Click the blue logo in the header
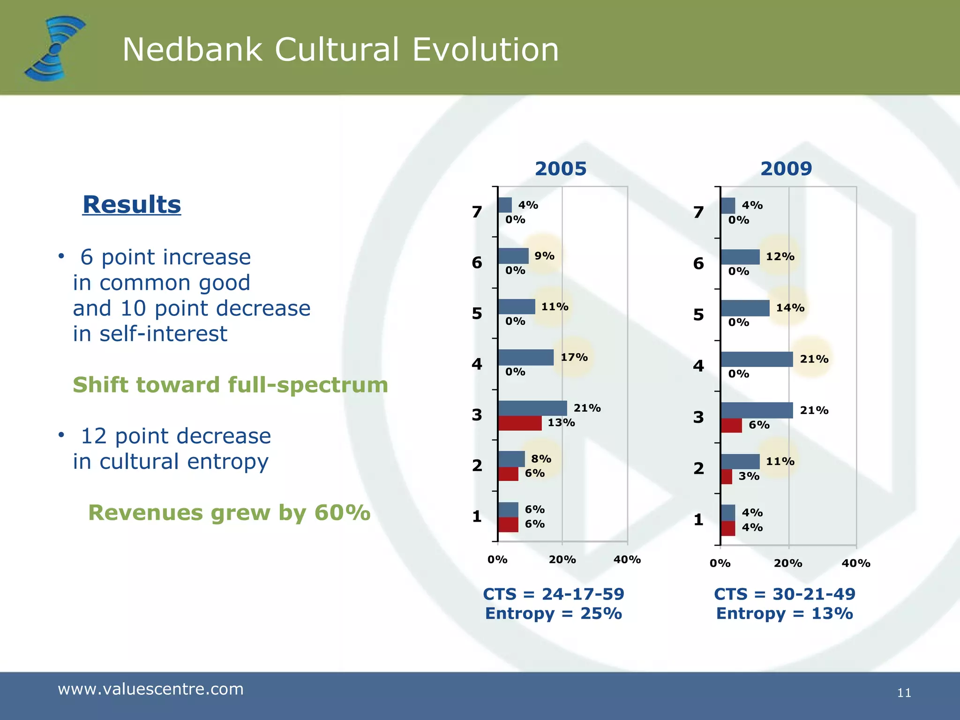(55, 48)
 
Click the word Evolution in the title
(485, 50)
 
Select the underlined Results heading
(132, 205)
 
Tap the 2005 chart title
(560, 169)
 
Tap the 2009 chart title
(786, 169)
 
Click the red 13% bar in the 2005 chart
(519, 423)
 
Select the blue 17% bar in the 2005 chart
(525, 358)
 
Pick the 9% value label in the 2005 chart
(544, 256)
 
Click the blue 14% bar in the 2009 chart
(745, 308)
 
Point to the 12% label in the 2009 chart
(780, 256)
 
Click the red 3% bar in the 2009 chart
(726, 477)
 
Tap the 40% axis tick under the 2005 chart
(627, 560)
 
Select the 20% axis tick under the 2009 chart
(788, 563)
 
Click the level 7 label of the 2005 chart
(477, 212)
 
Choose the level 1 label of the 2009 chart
(698, 519)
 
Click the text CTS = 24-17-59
(553, 594)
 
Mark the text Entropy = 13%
(784, 614)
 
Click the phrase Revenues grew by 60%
(229, 512)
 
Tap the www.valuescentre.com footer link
(150, 689)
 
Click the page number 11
(904, 693)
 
